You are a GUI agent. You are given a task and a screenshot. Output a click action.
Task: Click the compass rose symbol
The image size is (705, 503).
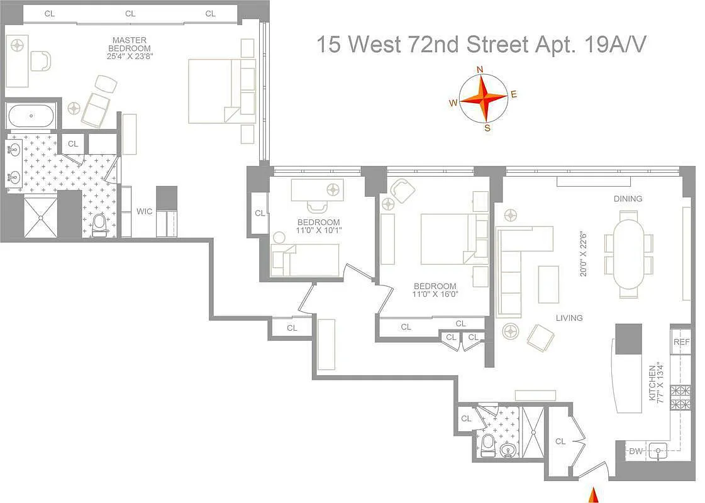pos(482,98)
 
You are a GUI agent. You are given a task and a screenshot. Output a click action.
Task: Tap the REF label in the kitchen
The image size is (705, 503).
pos(681,343)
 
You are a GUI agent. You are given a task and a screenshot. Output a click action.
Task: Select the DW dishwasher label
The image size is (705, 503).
pos(635,450)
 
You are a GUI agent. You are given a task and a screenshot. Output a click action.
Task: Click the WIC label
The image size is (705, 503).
pos(144,211)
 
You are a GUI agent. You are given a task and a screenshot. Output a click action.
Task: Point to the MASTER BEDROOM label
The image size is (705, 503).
pos(130,44)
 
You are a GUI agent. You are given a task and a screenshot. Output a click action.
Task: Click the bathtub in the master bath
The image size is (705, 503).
pos(31,116)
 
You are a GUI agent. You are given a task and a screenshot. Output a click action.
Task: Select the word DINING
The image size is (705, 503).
pos(628,199)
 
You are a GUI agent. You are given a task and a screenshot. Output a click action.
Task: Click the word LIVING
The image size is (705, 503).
pos(569,318)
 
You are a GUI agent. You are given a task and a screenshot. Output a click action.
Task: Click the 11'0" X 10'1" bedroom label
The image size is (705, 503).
pos(319,226)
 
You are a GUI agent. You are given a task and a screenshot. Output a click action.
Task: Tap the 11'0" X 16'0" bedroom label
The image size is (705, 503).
pos(435,290)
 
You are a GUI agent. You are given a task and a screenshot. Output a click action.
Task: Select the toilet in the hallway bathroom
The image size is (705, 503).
pos(487,445)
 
